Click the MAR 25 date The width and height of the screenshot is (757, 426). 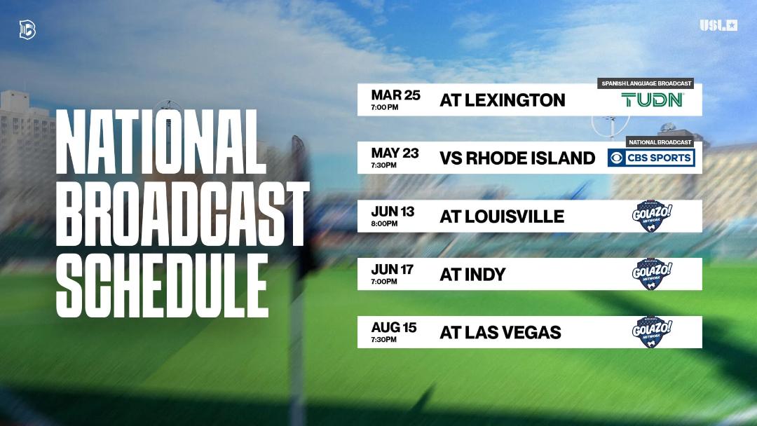pos(395,95)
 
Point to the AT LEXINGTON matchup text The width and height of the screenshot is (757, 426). pos(502,100)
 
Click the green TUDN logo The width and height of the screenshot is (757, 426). pos(653,100)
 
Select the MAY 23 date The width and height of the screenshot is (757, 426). pos(395,153)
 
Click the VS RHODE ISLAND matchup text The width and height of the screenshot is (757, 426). pos(517,158)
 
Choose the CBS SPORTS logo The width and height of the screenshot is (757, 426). pos(651,158)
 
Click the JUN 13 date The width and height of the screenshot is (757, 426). pos(395,212)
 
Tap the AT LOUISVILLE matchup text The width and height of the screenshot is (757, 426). pos(501,217)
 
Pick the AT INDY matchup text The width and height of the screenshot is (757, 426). pos(472,275)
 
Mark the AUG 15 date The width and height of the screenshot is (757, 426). pos(395,327)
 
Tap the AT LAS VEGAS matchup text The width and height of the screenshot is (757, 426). pos(500,332)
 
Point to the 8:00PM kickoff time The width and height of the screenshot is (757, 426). pos(384,224)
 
